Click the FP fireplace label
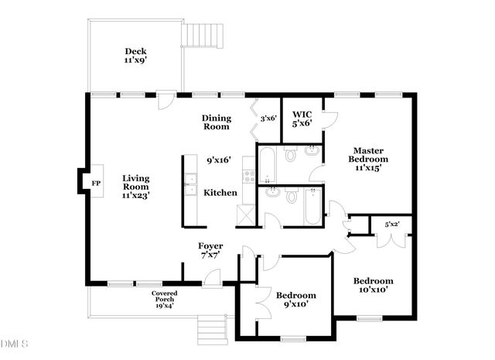(x=96, y=183)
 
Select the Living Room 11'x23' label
(x=136, y=187)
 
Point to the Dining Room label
(x=217, y=122)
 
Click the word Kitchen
(x=220, y=193)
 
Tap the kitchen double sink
(x=189, y=183)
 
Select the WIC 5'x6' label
(x=302, y=118)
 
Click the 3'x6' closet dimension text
(x=268, y=118)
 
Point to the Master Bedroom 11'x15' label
(x=369, y=158)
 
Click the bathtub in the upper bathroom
(x=265, y=162)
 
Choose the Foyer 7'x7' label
(x=210, y=250)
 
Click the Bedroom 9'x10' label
(x=296, y=300)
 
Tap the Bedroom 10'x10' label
(x=373, y=285)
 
